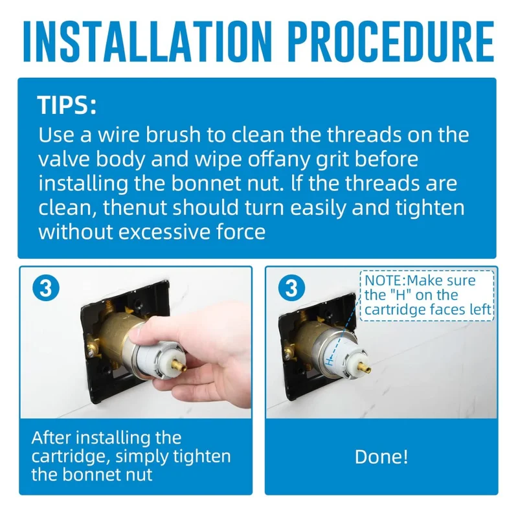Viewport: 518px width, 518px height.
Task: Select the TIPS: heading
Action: click(67, 105)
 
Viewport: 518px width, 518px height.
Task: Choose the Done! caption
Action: click(381, 456)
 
